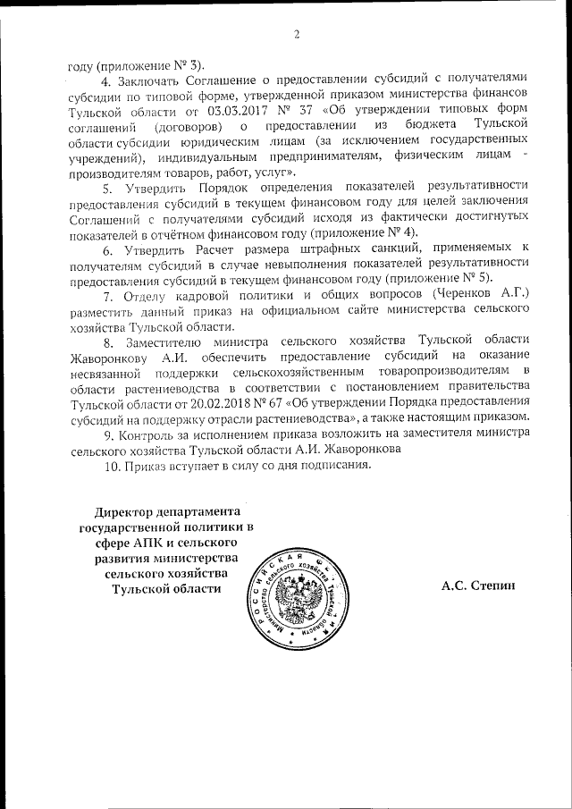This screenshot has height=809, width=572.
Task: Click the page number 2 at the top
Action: (x=295, y=35)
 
